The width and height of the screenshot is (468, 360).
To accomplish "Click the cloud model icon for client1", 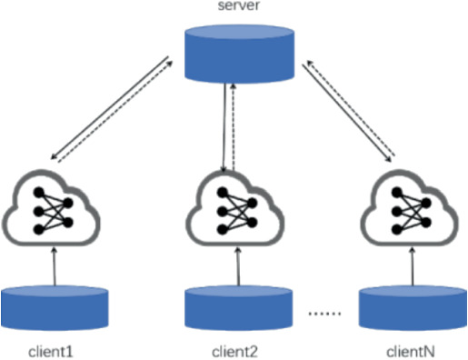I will pos(54,212).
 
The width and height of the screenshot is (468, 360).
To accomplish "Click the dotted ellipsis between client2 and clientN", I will pos(324,314).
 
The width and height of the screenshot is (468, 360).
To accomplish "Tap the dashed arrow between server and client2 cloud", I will pos(234,127).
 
